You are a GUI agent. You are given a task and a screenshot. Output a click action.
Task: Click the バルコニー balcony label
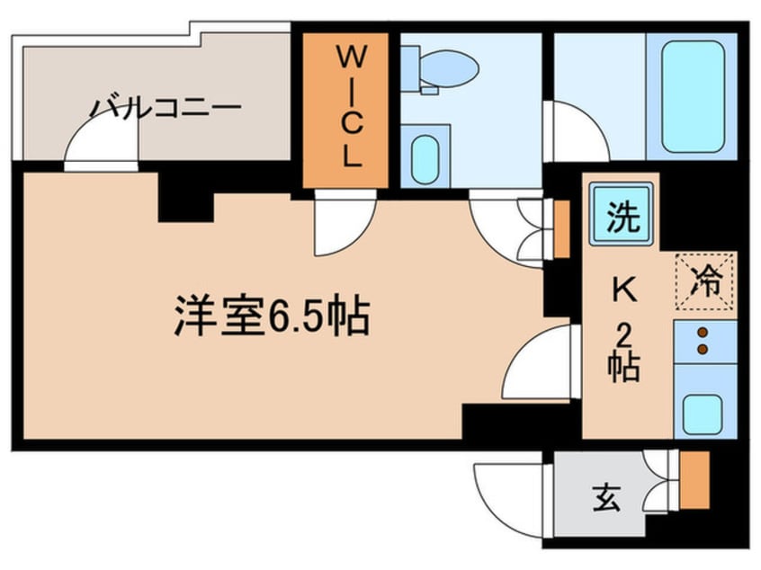click(x=166, y=108)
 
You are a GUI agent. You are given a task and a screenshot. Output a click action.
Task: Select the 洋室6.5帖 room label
click(x=273, y=316)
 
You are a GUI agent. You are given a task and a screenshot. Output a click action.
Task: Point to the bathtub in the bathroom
click(x=693, y=96)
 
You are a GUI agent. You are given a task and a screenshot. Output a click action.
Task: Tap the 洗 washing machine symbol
click(x=622, y=214)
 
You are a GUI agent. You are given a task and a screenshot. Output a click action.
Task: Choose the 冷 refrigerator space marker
click(x=706, y=281)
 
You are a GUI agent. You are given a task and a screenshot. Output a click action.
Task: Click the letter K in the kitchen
click(x=624, y=291)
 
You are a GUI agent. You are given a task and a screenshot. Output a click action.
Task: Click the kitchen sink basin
click(x=703, y=414)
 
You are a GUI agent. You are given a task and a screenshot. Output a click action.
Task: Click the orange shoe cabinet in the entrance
click(x=694, y=480)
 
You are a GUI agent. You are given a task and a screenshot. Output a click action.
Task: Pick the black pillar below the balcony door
click(x=186, y=198)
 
